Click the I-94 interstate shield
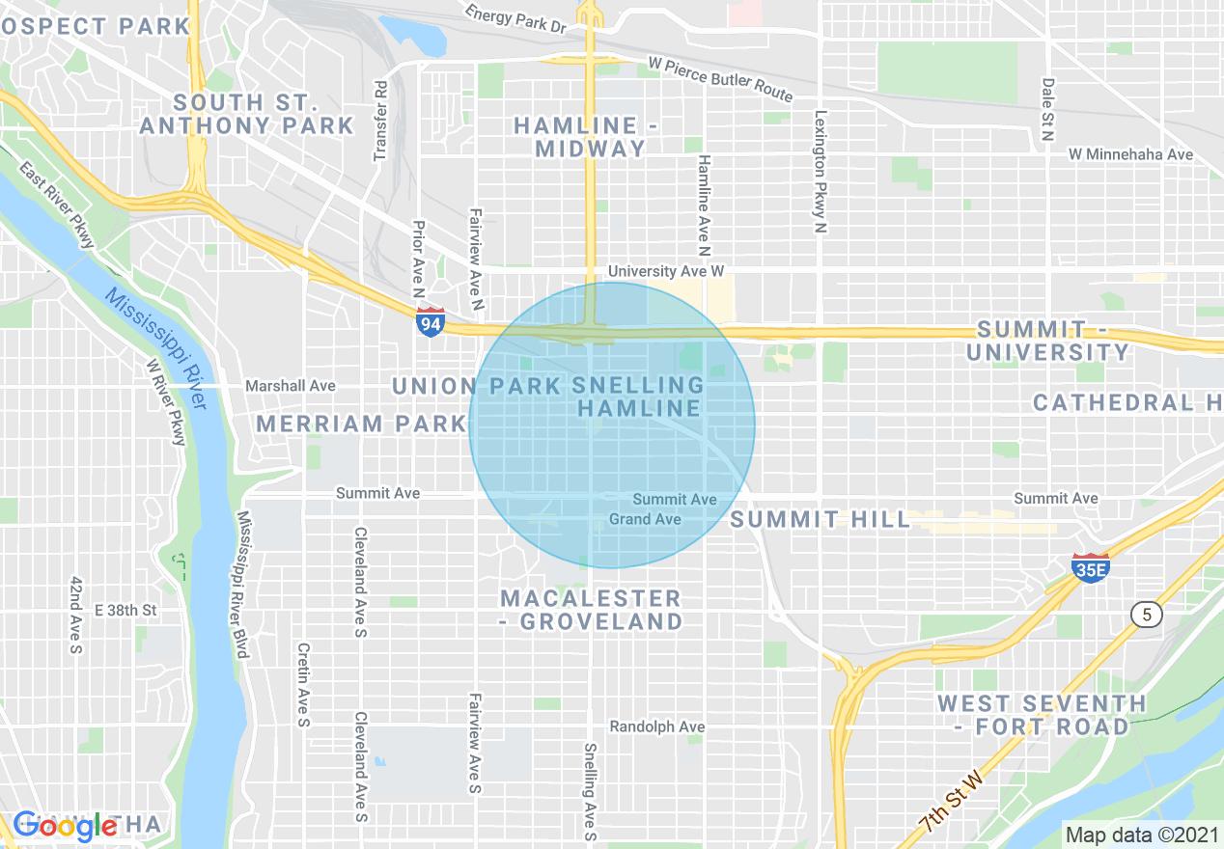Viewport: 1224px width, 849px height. pyautogui.click(x=431, y=322)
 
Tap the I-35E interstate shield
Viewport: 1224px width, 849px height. pyautogui.click(x=1089, y=568)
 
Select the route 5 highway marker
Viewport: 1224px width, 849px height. pyautogui.click(x=1147, y=615)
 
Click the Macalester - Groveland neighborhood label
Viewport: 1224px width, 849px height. pyautogui.click(x=591, y=610)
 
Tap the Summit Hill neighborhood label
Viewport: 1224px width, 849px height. pyautogui.click(x=820, y=520)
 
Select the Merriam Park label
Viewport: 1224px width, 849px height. pyautogui.click(x=362, y=424)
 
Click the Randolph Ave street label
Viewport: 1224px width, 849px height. pyautogui.click(x=656, y=726)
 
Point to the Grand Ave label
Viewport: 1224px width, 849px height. pyautogui.click(x=645, y=519)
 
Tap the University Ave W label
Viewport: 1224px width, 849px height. pyautogui.click(x=665, y=272)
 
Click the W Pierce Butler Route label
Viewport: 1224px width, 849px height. pyautogui.click(x=720, y=79)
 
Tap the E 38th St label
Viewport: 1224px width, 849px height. pyautogui.click(x=125, y=611)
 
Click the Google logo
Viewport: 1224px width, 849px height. pyautogui.click(x=66, y=826)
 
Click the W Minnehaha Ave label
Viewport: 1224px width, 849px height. pyautogui.click(x=1130, y=154)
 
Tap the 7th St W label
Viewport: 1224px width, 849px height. pyautogui.click(x=951, y=802)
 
